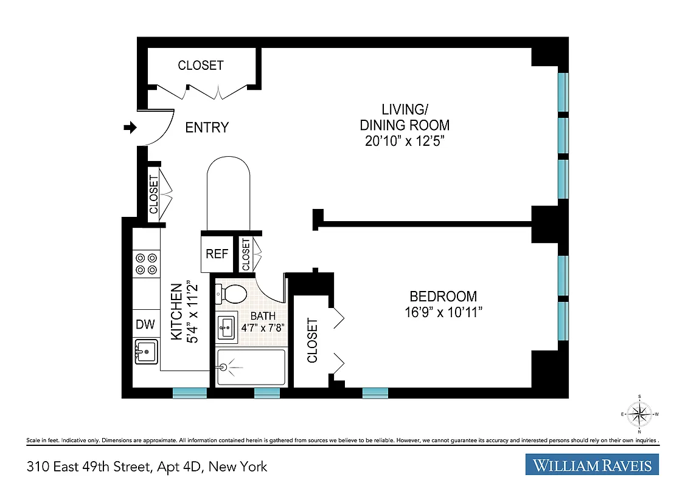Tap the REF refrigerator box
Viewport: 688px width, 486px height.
(x=217, y=253)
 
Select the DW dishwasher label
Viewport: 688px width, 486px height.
(x=145, y=324)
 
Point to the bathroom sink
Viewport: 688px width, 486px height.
(x=227, y=328)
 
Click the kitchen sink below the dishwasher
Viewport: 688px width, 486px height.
(x=146, y=352)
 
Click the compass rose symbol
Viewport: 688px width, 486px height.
(x=639, y=414)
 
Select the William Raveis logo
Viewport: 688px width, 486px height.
(x=592, y=465)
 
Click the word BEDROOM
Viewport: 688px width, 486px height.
(x=443, y=296)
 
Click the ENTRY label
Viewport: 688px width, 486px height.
(x=207, y=128)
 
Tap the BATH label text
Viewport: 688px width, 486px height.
(x=263, y=316)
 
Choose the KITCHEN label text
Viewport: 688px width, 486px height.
(x=176, y=312)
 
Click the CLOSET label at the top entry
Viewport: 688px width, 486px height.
(x=201, y=65)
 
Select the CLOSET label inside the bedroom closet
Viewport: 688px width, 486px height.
(x=313, y=340)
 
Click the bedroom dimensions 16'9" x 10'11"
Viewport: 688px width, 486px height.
(x=443, y=312)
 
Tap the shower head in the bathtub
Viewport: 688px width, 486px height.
(x=224, y=367)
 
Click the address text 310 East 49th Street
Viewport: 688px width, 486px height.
(x=147, y=467)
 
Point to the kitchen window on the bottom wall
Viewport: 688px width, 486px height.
(x=190, y=393)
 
